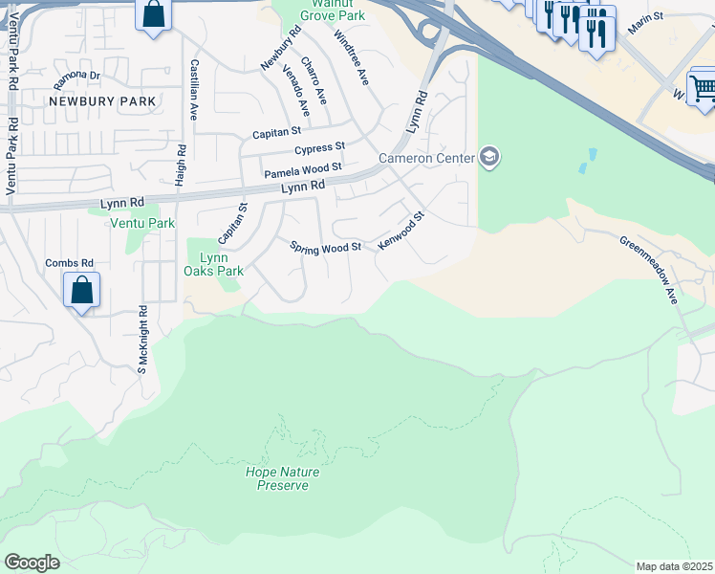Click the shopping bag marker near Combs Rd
tap(81, 289)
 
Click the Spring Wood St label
tap(325, 247)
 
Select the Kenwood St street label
tap(400, 232)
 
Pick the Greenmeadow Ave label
tap(648, 270)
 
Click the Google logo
tap(32, 563)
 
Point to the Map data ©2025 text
tap(675, 566)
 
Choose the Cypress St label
tap(319, 149)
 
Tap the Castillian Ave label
tap(194, 89)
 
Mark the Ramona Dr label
tap(77, 75)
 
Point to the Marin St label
tap(645, 24)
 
